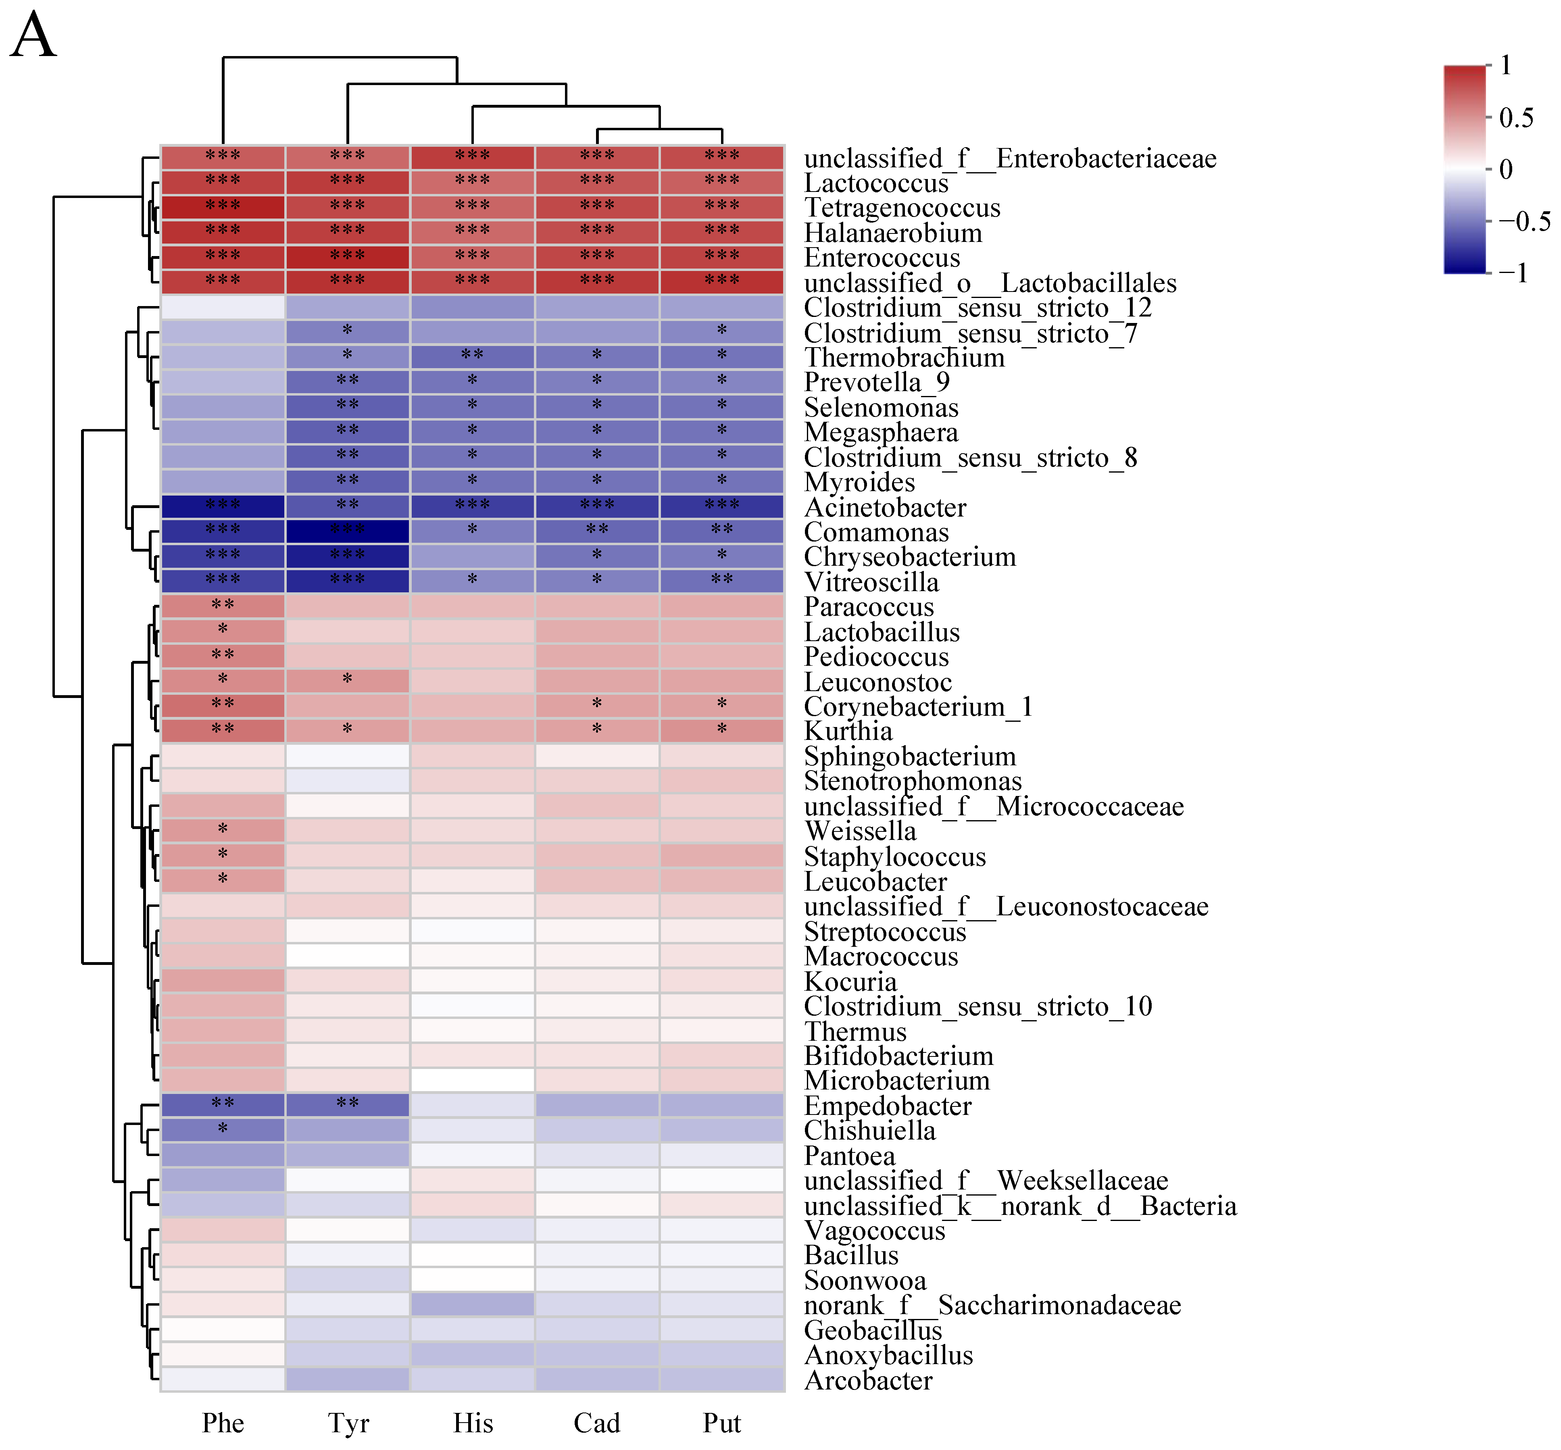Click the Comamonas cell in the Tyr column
tap(348, 531)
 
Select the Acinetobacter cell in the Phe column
tap(223, 506)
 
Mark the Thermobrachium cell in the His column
tap(473, 356)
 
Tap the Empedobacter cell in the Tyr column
tap(348, 1105)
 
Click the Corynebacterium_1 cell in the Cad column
tap(597, 705)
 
